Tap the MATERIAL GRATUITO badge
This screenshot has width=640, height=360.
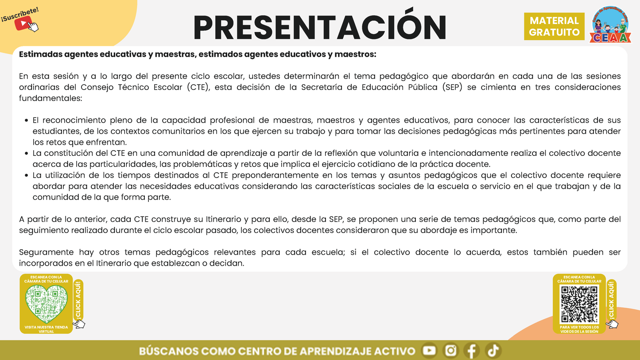coord(554,27)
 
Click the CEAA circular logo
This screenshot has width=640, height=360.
coord(612,25)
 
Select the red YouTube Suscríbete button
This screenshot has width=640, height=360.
coord(22,23)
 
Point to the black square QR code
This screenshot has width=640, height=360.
coord(579,304)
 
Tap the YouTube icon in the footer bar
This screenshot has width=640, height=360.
coord(429,351)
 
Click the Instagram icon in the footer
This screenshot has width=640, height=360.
coord(450,351)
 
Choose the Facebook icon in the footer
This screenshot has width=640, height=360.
coord(472,351)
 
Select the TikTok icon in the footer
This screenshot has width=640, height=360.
coord(493,351)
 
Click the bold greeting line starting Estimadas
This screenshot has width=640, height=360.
coord(198,54)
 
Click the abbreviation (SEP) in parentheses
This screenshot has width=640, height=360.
coord(453,87)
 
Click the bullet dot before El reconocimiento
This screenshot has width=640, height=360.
coord(27,120)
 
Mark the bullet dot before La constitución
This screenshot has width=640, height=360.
coord(27,153)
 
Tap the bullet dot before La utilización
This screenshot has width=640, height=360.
coord(27,175)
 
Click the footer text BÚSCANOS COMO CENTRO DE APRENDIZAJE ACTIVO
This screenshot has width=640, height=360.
coord(277,351)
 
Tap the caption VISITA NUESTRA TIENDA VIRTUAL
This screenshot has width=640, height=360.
coord(46,329)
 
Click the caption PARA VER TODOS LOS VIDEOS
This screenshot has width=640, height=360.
coord(579,329)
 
